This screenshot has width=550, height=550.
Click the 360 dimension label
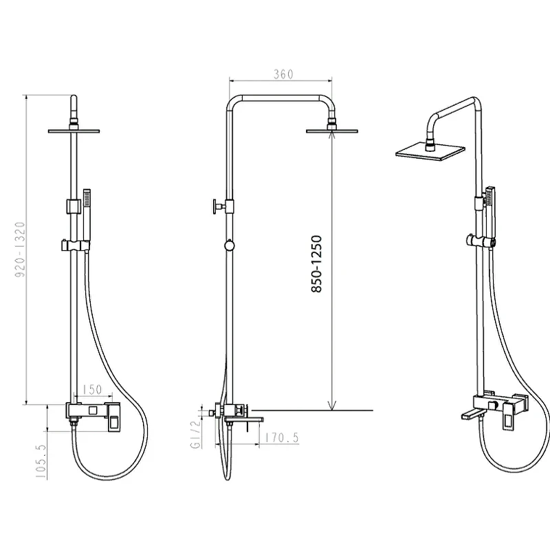(x=283, y=74)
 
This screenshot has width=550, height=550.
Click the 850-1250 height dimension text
(x=316, y=264)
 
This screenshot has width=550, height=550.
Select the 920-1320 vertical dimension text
(x=21, y=249)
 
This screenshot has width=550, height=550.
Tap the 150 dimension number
(x=92, y=389)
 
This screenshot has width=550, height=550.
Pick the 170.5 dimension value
(x=282, y=437)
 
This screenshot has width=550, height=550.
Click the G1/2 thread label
(x=196, y=434)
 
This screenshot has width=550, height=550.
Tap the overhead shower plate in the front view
(x=74, y=131)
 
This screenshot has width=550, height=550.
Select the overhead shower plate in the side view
(x=332, y=131)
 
